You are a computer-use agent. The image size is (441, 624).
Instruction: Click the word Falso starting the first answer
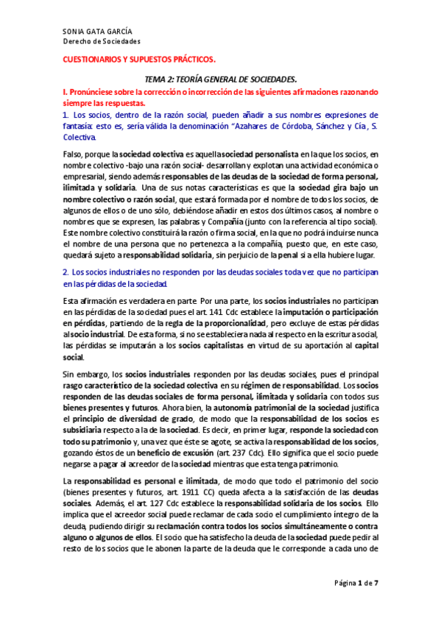click(x=71, y=155)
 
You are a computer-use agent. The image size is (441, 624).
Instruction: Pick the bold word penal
click(x=290, y=255)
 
